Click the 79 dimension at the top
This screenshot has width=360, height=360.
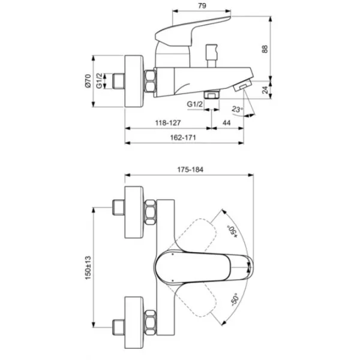[x=202, y=6]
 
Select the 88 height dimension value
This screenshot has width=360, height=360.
[x=265, y=49]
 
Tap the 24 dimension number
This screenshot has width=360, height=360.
[x=265, y=90]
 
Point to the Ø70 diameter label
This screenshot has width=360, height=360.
[x=88, y=81]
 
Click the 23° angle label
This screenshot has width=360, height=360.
[x=237, y=109]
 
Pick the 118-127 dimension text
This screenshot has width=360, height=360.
[x=168, y=123]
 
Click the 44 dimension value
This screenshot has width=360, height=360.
[x=226, y=123]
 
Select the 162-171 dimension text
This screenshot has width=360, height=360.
[x=183, y=137]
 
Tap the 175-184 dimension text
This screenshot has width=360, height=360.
[x=190, y=170]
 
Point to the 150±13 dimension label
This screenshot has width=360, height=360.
[x=88, y=268]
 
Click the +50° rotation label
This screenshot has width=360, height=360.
[x=232, y=232]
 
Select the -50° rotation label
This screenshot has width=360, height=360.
[x=235, y=299]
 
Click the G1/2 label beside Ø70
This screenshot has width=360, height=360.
[x=99, y=80]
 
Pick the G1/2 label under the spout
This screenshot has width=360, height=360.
[x=195, y=104]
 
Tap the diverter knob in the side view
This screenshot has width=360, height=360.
[x=212, y=56]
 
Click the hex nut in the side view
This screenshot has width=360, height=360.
[x=150, y=82]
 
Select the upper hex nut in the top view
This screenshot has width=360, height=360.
[x=151, y=212]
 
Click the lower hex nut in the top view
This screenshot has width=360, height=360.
[x=151, y=322]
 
